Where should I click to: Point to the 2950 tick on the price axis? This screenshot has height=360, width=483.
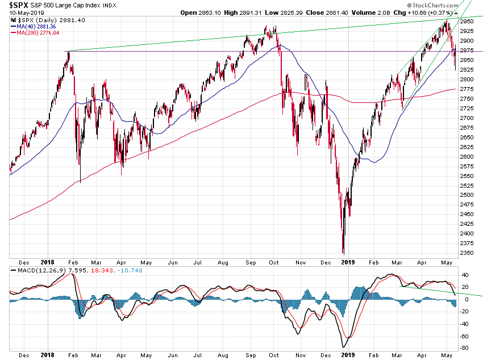[467, 22]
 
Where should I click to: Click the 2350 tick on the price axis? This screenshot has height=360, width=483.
[467, 253]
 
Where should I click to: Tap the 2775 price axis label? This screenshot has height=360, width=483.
[467, 89]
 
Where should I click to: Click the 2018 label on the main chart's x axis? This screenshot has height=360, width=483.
[48, 263]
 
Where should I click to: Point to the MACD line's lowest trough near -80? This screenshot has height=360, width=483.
[343, 346]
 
